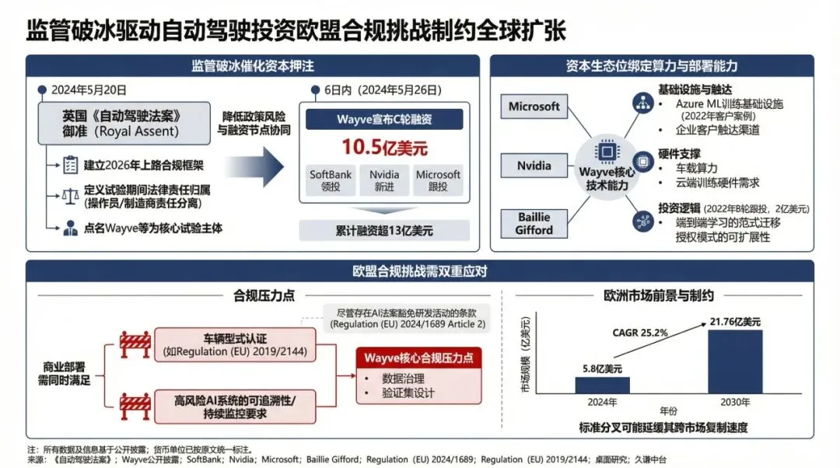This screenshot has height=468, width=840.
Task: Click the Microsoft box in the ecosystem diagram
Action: pyautogui.click(x=534, y=107)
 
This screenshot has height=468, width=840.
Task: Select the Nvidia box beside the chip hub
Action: pyautogui.click(x=534, y=165)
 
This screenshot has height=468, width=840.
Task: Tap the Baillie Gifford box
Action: pyautogui.click(x=534, y=224)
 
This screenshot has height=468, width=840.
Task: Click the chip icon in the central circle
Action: pyautogui.click(x=607, y=152)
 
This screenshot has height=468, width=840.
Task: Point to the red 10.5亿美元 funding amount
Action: pyautogui.click(x=385, y=147)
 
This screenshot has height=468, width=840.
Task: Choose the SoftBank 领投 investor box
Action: pyautogui.click(x=331, y=180)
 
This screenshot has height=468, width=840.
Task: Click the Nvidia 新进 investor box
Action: pyautogui.click(x=384, y=180)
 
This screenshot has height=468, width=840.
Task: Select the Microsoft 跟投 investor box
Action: pyautogui.click(x=438, y=180)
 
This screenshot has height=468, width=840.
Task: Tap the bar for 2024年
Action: pyautogui.click(x=603, y=384)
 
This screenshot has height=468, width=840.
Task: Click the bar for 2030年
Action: pyautogui.click(x=735, y=361)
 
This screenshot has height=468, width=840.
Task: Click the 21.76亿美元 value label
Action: pyautogui.click(x=734, y=320)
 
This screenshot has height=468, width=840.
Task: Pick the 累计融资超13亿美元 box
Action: pyautogui.click(x=384, y=230)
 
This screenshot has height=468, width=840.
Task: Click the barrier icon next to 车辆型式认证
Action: pyautogui.click(x=135, y=344)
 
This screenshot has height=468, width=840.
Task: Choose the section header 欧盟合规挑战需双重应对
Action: pyautogui.click(x=419, y=271)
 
